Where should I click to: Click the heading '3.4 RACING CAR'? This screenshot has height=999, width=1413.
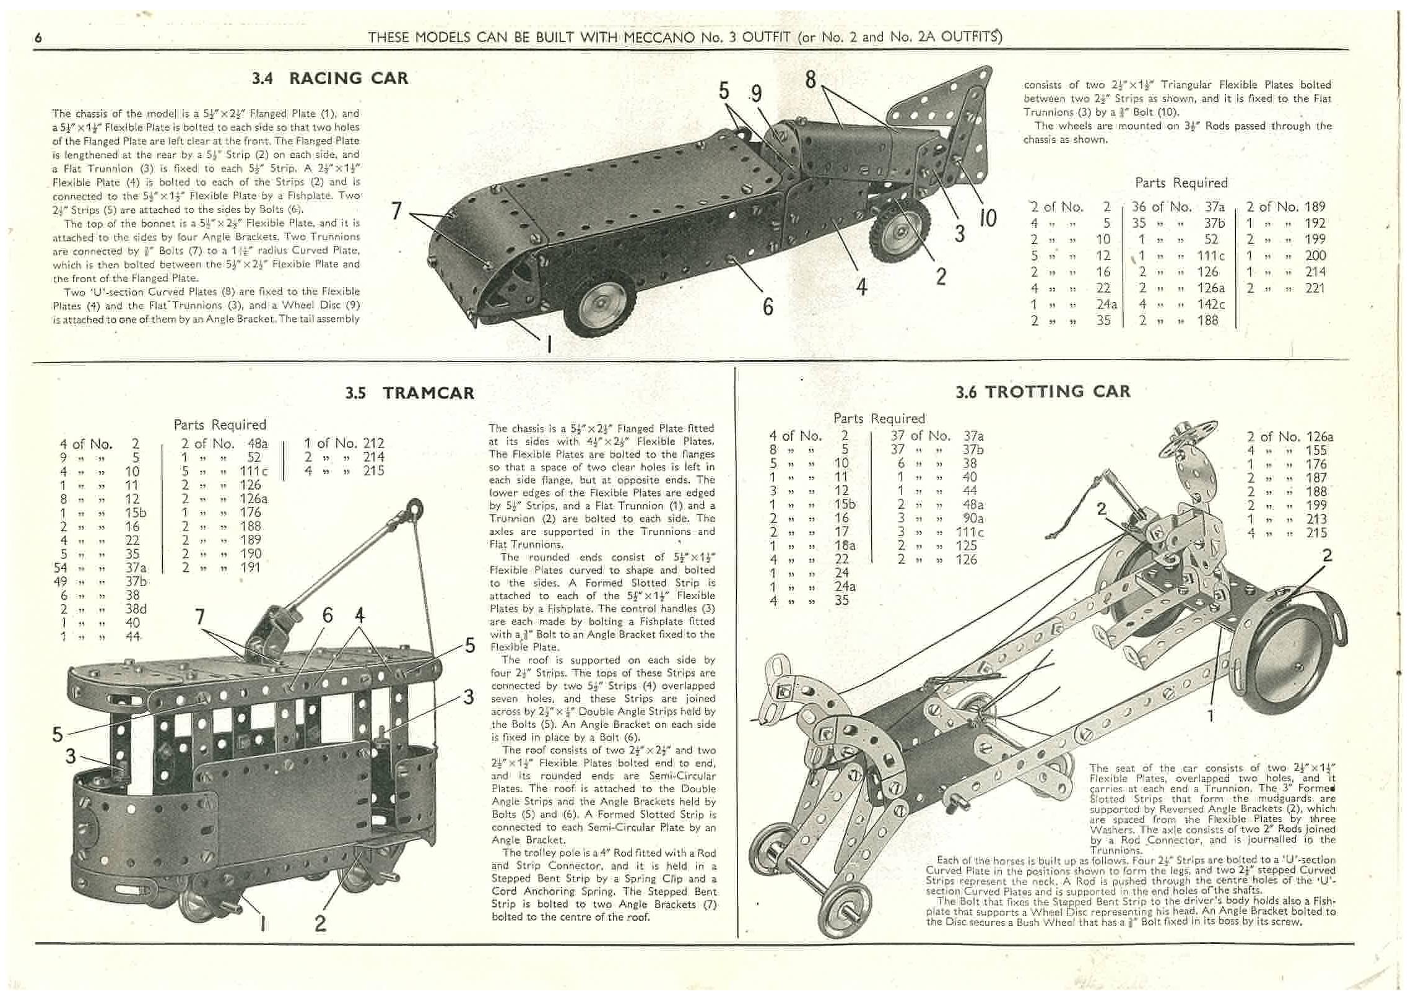click(x=329, y=79)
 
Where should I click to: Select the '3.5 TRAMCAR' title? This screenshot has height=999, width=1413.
click(x=410, y=393)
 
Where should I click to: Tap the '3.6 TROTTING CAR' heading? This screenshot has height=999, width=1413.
click(x=1043, y=392)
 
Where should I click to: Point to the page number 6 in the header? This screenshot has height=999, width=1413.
click(x=38, y=38)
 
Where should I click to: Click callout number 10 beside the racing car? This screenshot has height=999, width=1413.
click(x=987, y=218)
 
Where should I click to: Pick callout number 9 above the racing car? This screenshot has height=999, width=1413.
click(x=756, y=93)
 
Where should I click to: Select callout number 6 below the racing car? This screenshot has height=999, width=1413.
click(x=768, y=306)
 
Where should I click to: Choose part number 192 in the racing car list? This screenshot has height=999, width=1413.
click(x=1315, y=223)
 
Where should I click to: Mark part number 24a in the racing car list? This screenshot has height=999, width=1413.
click(x=1107, y=304)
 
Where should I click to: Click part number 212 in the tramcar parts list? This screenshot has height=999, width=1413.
click(x=373, y=443)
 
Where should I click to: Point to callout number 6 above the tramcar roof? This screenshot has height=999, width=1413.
click(x=327, y=615)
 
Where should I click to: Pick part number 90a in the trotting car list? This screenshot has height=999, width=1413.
click(x=973, y=518)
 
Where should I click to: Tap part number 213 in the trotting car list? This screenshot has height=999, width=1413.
click(x=1316, y=519)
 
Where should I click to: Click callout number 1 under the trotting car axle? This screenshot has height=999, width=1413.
click(x=1211, y=716)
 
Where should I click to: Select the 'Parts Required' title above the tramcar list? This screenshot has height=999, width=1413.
click(x=220, y=425)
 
